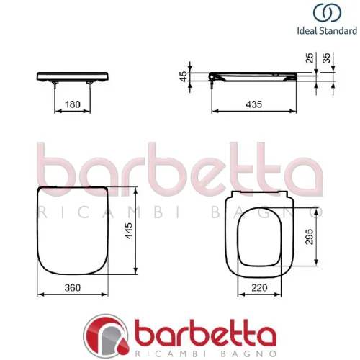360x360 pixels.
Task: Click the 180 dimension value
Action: [x=72, y=104]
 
